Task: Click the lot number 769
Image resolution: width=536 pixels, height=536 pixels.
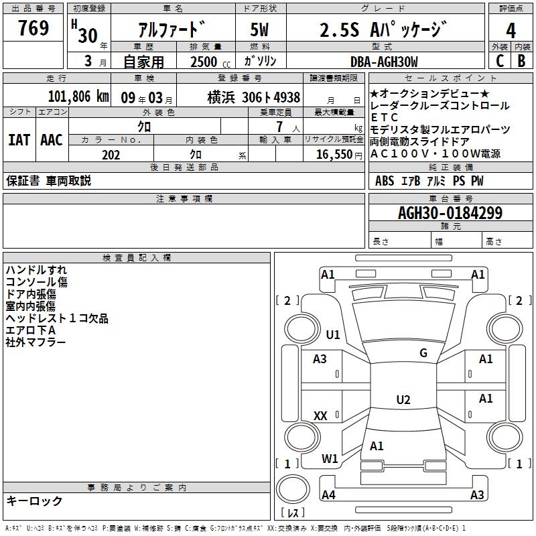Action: tap(33, 27)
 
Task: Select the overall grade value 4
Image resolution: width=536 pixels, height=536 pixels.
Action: tap(511, 31)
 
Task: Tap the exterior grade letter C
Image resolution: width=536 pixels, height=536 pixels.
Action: tap(500, 61)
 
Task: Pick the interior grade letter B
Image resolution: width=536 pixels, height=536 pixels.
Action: tap(521, 61)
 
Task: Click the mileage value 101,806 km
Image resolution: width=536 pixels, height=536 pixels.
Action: tap(78, 96)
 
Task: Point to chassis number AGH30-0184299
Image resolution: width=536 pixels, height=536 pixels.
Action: tap(450, 212)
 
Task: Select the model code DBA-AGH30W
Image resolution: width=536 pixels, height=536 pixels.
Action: tap(384, 62)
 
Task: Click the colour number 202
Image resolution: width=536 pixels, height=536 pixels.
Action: tap(111, 155)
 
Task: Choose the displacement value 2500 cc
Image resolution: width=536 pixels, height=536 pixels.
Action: tap(210, 62)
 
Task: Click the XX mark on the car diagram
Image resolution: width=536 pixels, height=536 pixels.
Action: tap(320, 415)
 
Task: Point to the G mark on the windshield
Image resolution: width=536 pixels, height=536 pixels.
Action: tap(423, 353)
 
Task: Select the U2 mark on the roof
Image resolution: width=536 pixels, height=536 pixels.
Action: tap(403, 399)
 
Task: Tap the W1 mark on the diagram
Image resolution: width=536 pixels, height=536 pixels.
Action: tap(330, 458)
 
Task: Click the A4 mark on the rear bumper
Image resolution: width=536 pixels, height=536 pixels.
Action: tap(328, 494)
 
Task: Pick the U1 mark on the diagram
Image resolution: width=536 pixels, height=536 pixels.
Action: tap(333, 334)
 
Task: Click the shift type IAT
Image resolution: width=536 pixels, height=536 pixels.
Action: tap(19, 140)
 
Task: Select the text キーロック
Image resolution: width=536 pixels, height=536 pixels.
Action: tap(34, 500)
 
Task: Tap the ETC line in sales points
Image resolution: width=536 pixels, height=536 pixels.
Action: tap(384, 117)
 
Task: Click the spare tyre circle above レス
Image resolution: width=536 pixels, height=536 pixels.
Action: tap(293, 488)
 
